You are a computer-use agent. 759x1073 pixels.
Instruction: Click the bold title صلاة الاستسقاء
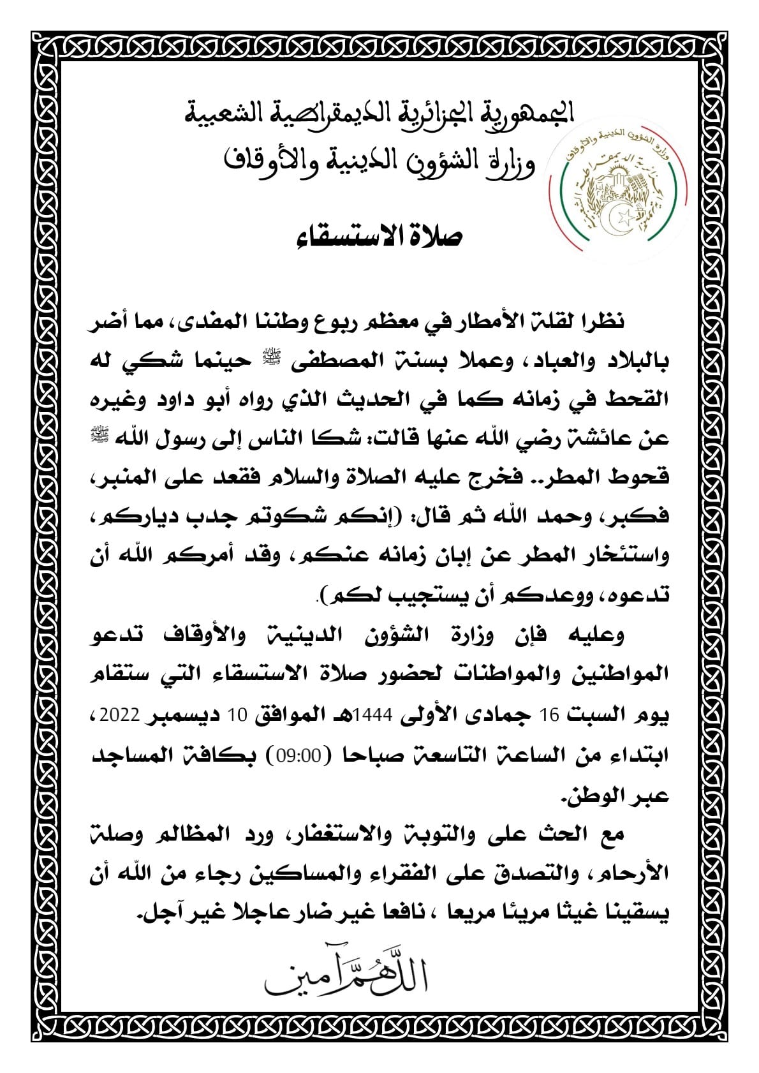tap(379, 237)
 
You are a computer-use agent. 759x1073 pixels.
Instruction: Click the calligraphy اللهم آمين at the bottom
tap(348, 986)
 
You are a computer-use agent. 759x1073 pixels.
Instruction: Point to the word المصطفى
tap(341, 362)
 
